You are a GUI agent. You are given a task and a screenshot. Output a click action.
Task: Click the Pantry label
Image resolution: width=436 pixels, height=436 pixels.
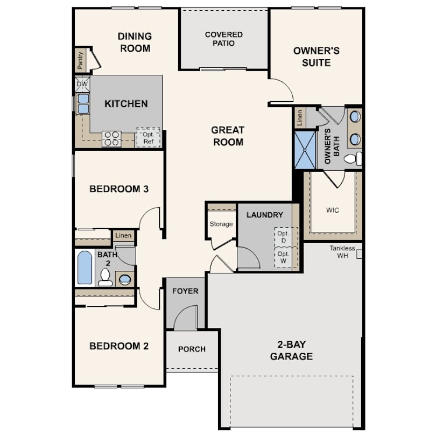(x=80, y=60)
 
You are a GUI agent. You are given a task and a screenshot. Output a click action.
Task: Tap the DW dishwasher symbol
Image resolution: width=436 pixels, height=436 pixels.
(x=82, y=85)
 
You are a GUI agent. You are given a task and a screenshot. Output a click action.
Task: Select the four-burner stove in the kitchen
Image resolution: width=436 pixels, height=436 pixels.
(x=111, y=138)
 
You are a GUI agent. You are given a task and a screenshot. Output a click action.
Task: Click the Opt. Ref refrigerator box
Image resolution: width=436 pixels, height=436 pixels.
(x=148, y=138)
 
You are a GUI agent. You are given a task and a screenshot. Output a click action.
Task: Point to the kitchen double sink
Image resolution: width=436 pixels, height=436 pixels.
(x=83, y=104)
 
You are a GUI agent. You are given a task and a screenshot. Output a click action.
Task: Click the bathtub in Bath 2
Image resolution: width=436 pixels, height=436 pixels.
(x=85, y=268)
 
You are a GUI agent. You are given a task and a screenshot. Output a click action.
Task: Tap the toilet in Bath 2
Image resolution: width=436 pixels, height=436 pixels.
(x=105, y=277)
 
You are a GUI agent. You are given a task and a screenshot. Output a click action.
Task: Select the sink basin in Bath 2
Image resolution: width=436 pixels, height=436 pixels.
(x=125, y=279)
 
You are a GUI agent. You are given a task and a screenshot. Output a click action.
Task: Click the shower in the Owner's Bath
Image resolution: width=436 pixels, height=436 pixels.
(x=305, y=150)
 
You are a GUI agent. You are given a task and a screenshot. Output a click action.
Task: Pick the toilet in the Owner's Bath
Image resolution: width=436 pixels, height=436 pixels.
(x=353, y=159)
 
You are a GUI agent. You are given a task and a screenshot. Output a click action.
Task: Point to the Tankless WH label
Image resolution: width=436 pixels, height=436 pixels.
(x=342, y=252)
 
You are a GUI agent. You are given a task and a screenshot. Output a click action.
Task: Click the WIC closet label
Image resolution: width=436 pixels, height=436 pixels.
(x=333, y=210)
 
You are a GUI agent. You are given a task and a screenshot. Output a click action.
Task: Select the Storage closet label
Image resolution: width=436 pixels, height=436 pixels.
(x=221, y=224)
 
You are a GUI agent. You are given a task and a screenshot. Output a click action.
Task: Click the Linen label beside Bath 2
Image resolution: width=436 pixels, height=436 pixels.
(x=123, y=236)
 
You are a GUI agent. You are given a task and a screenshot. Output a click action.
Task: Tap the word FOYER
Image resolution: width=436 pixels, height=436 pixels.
(x=185, y=291)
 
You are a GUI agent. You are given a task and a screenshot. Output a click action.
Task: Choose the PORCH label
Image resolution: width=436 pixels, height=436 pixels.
(x=192, y=349)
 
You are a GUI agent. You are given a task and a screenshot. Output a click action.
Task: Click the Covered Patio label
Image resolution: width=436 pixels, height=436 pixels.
(x=223, y=39)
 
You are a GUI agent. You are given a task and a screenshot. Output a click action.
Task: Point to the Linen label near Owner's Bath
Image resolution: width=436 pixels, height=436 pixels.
(x=299, y=118)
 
